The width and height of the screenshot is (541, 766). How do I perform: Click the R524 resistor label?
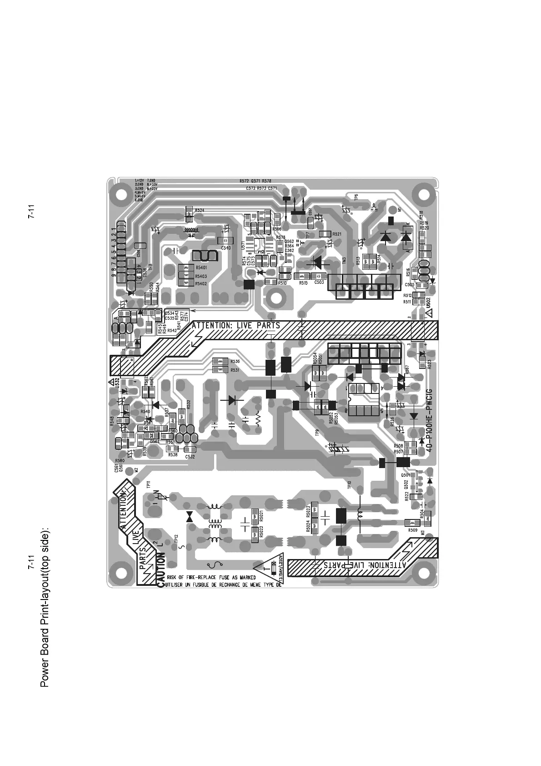(199, 211)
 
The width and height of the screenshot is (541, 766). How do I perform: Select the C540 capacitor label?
(225, 248)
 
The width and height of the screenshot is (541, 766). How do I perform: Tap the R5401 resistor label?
(201, 268)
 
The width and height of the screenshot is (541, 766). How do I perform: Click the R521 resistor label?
(337, 234)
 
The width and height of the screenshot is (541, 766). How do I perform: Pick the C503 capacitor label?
(319, 282)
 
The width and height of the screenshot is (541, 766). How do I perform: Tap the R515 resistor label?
(303, 282)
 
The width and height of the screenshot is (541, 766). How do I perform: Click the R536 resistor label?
(235, 361)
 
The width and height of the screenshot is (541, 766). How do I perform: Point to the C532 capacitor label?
(190, 456)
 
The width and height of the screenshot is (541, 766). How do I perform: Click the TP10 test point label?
(350, 485)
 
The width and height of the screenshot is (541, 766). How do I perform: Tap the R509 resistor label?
(412, 530)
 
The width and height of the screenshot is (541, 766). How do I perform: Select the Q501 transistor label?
(406, 475)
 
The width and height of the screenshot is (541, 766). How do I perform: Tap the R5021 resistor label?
(261, 516)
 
